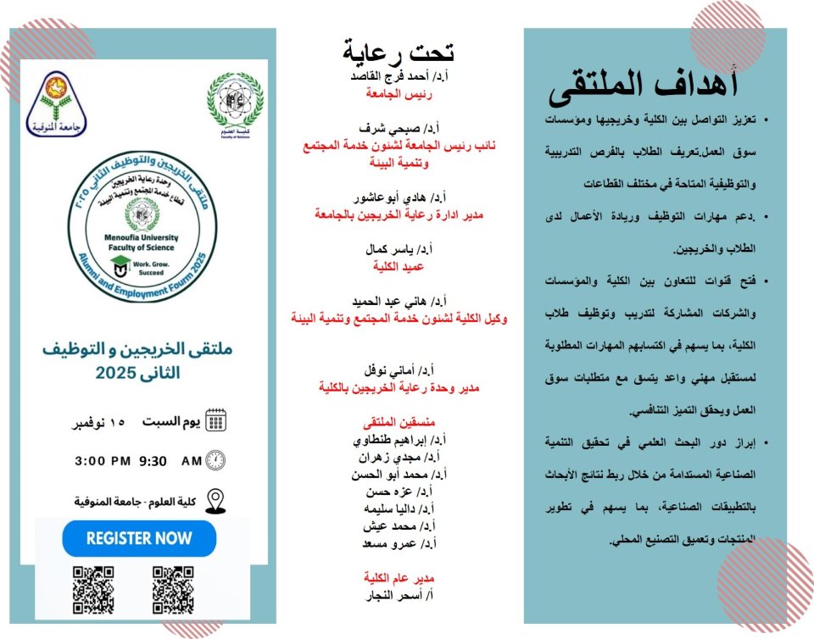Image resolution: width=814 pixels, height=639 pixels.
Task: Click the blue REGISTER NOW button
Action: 139,538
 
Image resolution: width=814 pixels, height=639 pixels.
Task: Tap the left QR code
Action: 93,589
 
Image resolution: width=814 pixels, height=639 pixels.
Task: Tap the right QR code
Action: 173,589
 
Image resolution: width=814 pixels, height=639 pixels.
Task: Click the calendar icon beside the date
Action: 216,420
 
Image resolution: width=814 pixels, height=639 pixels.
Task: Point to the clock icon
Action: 216,461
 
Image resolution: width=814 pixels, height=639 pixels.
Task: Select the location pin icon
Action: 216,501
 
